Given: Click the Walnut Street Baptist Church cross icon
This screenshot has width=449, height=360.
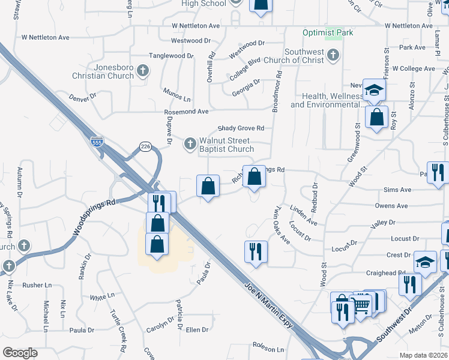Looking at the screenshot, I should click(190, 143).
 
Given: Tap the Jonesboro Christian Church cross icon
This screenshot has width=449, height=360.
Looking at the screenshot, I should click(143, 71).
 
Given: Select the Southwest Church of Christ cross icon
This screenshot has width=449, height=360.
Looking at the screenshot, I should click(334, 56).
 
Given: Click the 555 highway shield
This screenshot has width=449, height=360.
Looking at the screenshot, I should click(96, 142).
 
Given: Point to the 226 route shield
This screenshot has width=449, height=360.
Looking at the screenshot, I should click(145, 146).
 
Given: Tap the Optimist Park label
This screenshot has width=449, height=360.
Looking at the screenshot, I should click(328, 32).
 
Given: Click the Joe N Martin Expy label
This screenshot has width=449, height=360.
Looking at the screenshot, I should click(269, 306).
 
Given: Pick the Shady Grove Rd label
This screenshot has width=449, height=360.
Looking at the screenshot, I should click(241, 128).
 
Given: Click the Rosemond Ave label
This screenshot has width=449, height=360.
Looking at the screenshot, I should click(186, 112).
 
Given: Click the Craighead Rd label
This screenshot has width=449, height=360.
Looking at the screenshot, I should click(387, 273).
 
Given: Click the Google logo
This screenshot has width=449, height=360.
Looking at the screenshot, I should click(20, 353).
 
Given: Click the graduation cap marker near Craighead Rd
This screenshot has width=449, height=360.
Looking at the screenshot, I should click(426, 263).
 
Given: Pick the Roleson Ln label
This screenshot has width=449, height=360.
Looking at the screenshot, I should click(268, 349).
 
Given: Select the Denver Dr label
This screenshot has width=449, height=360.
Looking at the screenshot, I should click(82, 97).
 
